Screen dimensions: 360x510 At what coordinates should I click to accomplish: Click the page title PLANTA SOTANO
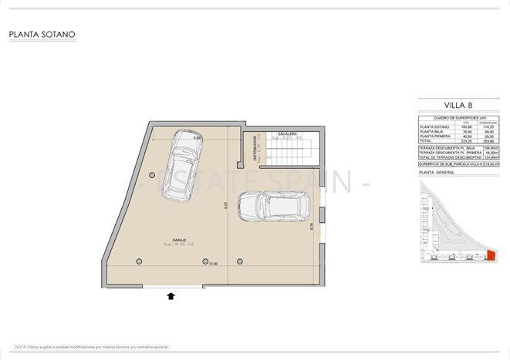coord(42,35)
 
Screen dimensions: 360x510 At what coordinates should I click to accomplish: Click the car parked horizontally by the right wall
coord(275,207)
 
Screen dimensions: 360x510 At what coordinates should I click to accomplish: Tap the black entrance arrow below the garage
coord(171,294)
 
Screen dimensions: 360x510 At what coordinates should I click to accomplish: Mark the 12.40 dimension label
coord(212,264)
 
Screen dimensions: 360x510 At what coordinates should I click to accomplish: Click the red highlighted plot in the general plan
coord(490,256)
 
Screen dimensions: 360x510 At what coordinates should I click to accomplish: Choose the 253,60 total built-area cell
coord(487,142)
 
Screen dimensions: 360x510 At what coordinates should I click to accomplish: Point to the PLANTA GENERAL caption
coord(438,173)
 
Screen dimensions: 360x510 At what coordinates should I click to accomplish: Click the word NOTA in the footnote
coord(20,348)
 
